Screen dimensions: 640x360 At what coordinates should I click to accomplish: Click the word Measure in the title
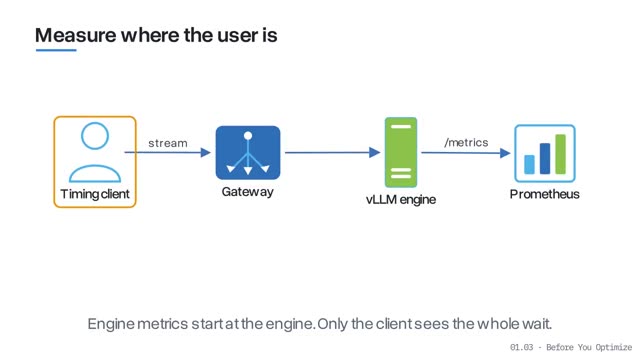[x=76, y=35]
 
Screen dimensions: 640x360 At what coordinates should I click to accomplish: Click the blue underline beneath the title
[x=56, y=50]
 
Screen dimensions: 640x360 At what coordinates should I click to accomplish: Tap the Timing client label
[x=95, y=194]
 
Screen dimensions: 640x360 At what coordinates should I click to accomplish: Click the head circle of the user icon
[x=95, y=136]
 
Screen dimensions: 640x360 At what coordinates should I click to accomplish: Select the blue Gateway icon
[x=248, y=153]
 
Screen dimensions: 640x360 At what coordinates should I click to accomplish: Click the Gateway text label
[x=247, y=192]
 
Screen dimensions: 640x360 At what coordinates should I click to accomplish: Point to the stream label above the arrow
[x=168, y=143]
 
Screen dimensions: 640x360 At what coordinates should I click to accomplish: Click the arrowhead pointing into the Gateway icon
[x=206, y=153]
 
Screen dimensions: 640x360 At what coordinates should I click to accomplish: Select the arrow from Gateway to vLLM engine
[x=333, y=153]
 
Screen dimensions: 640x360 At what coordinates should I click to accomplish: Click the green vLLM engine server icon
[x=401, y=152]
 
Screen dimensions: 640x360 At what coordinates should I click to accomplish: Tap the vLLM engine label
[x=401, y=200]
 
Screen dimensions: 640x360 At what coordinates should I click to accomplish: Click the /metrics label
[x=466, y=142]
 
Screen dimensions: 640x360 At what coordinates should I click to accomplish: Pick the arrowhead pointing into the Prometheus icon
[x=505, y=153]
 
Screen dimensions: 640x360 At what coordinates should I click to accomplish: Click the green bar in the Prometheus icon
[x=560, y=154]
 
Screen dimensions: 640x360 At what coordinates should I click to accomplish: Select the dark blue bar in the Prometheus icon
[x=545, y=158]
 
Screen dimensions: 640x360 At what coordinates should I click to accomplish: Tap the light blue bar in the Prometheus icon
[x=529, y=164]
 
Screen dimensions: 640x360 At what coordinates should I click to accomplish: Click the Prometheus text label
[x=544, y=194]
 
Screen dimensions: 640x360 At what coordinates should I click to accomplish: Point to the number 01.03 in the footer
[x=522, y=347]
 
